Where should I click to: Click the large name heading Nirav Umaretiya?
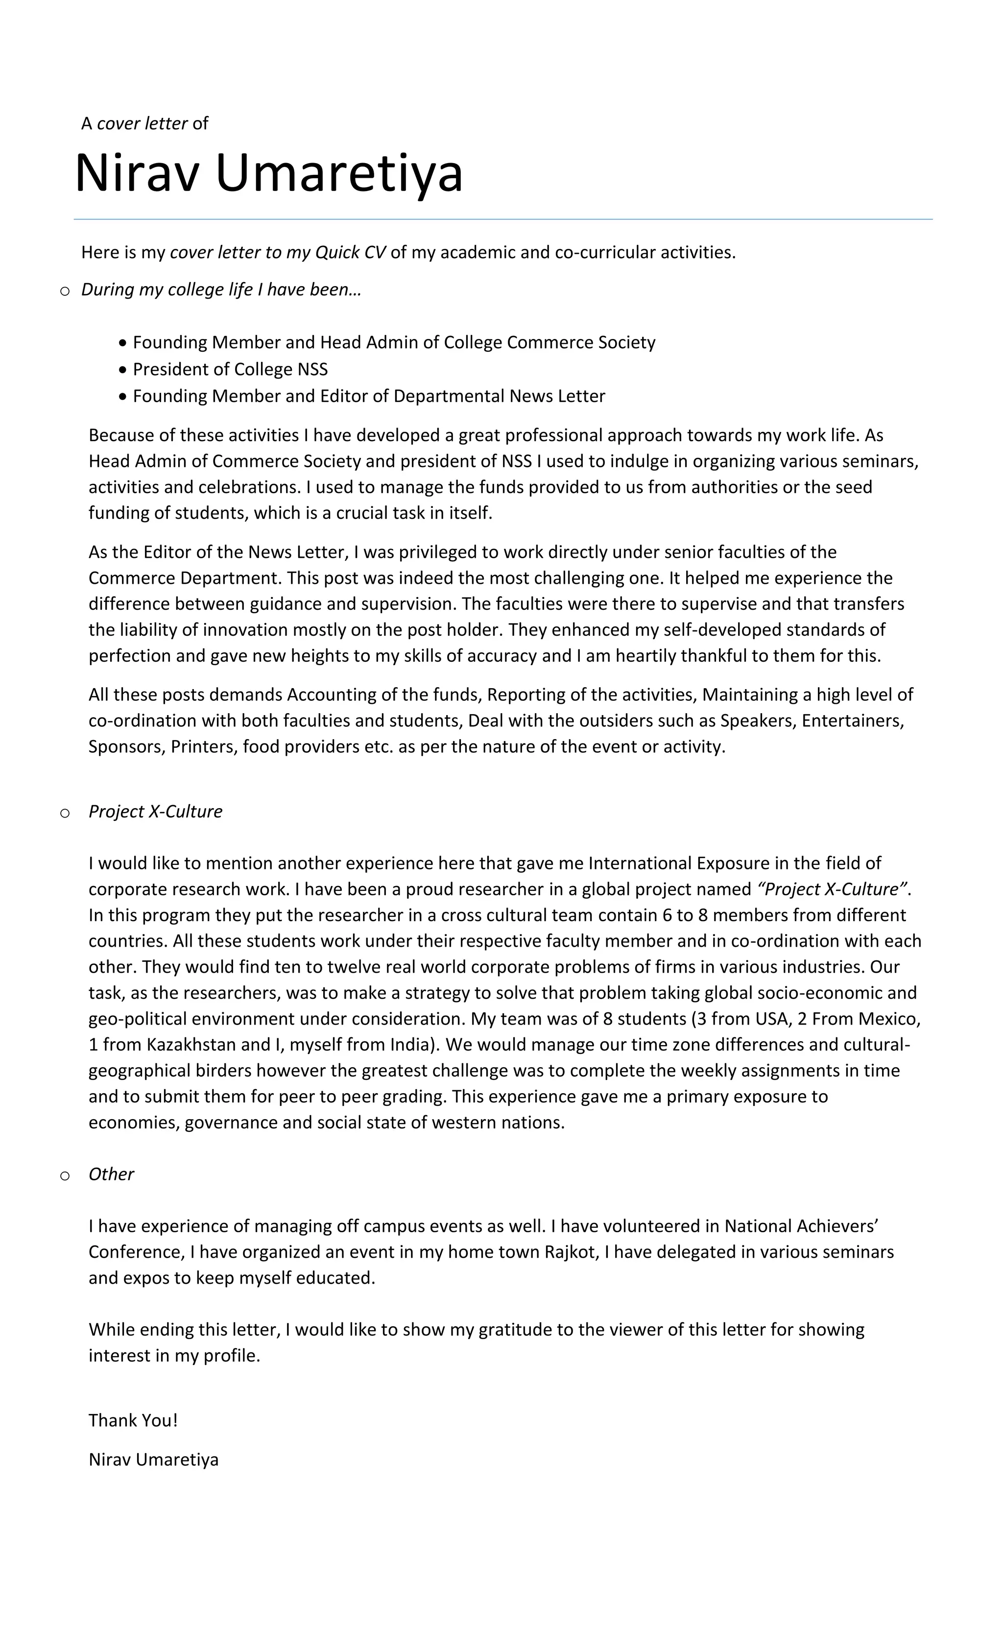268,173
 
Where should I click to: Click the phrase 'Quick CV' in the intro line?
350,252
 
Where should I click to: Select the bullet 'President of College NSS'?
230,369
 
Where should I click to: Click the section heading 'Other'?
111,1174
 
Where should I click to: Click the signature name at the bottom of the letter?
153,1460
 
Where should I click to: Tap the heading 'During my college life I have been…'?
221,289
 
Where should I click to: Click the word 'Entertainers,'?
853,721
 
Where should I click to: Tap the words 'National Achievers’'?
801,1226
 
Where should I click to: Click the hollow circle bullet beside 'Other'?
64,1175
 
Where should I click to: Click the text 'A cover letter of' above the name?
144,123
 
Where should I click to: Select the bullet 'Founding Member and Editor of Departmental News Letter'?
369,396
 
